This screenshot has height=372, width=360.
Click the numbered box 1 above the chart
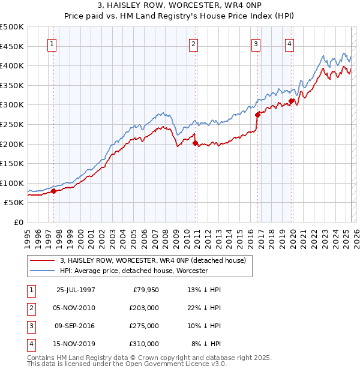tap(52, 43)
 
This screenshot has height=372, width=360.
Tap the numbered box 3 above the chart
tap(256, 43)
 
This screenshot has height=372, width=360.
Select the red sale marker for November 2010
tap(195, 143)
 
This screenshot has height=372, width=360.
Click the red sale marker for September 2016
tap(257, 114)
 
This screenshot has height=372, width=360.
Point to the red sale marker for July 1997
tap(53, 191)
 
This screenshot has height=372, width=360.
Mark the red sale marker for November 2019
tap(291, 101)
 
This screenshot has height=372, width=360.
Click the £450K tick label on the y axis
tap(12, 46)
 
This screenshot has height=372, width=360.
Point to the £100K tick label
tap(12, 183)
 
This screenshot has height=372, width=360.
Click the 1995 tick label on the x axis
tap(27, 238)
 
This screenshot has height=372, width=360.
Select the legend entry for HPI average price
tap(133, 271)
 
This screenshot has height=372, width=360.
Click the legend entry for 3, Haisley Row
tap(152, 260)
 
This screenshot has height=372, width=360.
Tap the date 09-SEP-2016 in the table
tap(76, 326)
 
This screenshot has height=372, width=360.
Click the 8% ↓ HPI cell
tap(206, 344)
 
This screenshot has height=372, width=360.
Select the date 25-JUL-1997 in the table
tap(76, 290)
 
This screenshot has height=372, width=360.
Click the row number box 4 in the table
tap(31, 344)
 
